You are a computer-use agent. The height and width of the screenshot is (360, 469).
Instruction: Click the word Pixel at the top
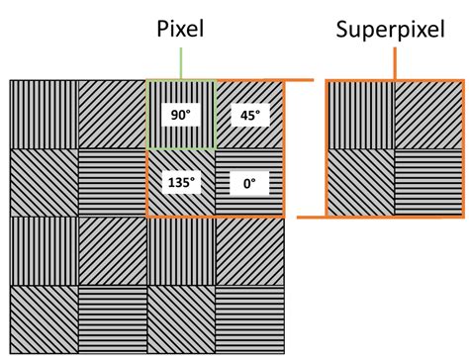point(181,30)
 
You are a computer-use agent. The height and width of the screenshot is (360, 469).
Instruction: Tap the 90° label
point(179,116)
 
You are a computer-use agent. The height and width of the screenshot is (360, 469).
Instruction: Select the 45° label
point(249,116)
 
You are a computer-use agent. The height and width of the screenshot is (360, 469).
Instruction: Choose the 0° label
point(249,183)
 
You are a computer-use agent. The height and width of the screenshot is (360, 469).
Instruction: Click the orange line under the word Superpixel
point(395,61)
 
